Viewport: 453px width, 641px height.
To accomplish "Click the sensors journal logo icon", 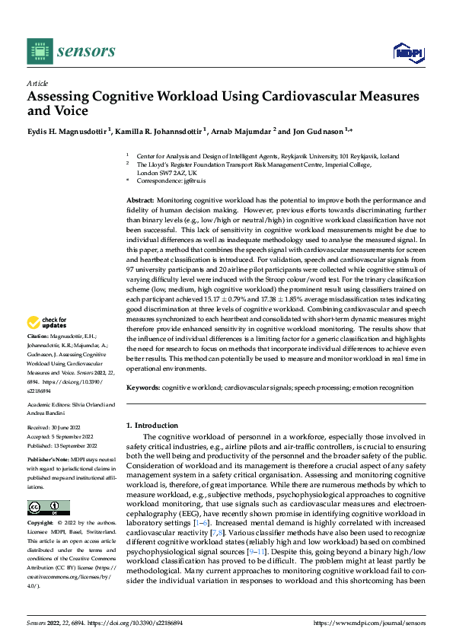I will point(40,51).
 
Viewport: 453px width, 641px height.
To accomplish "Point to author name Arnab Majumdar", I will point(241,131).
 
